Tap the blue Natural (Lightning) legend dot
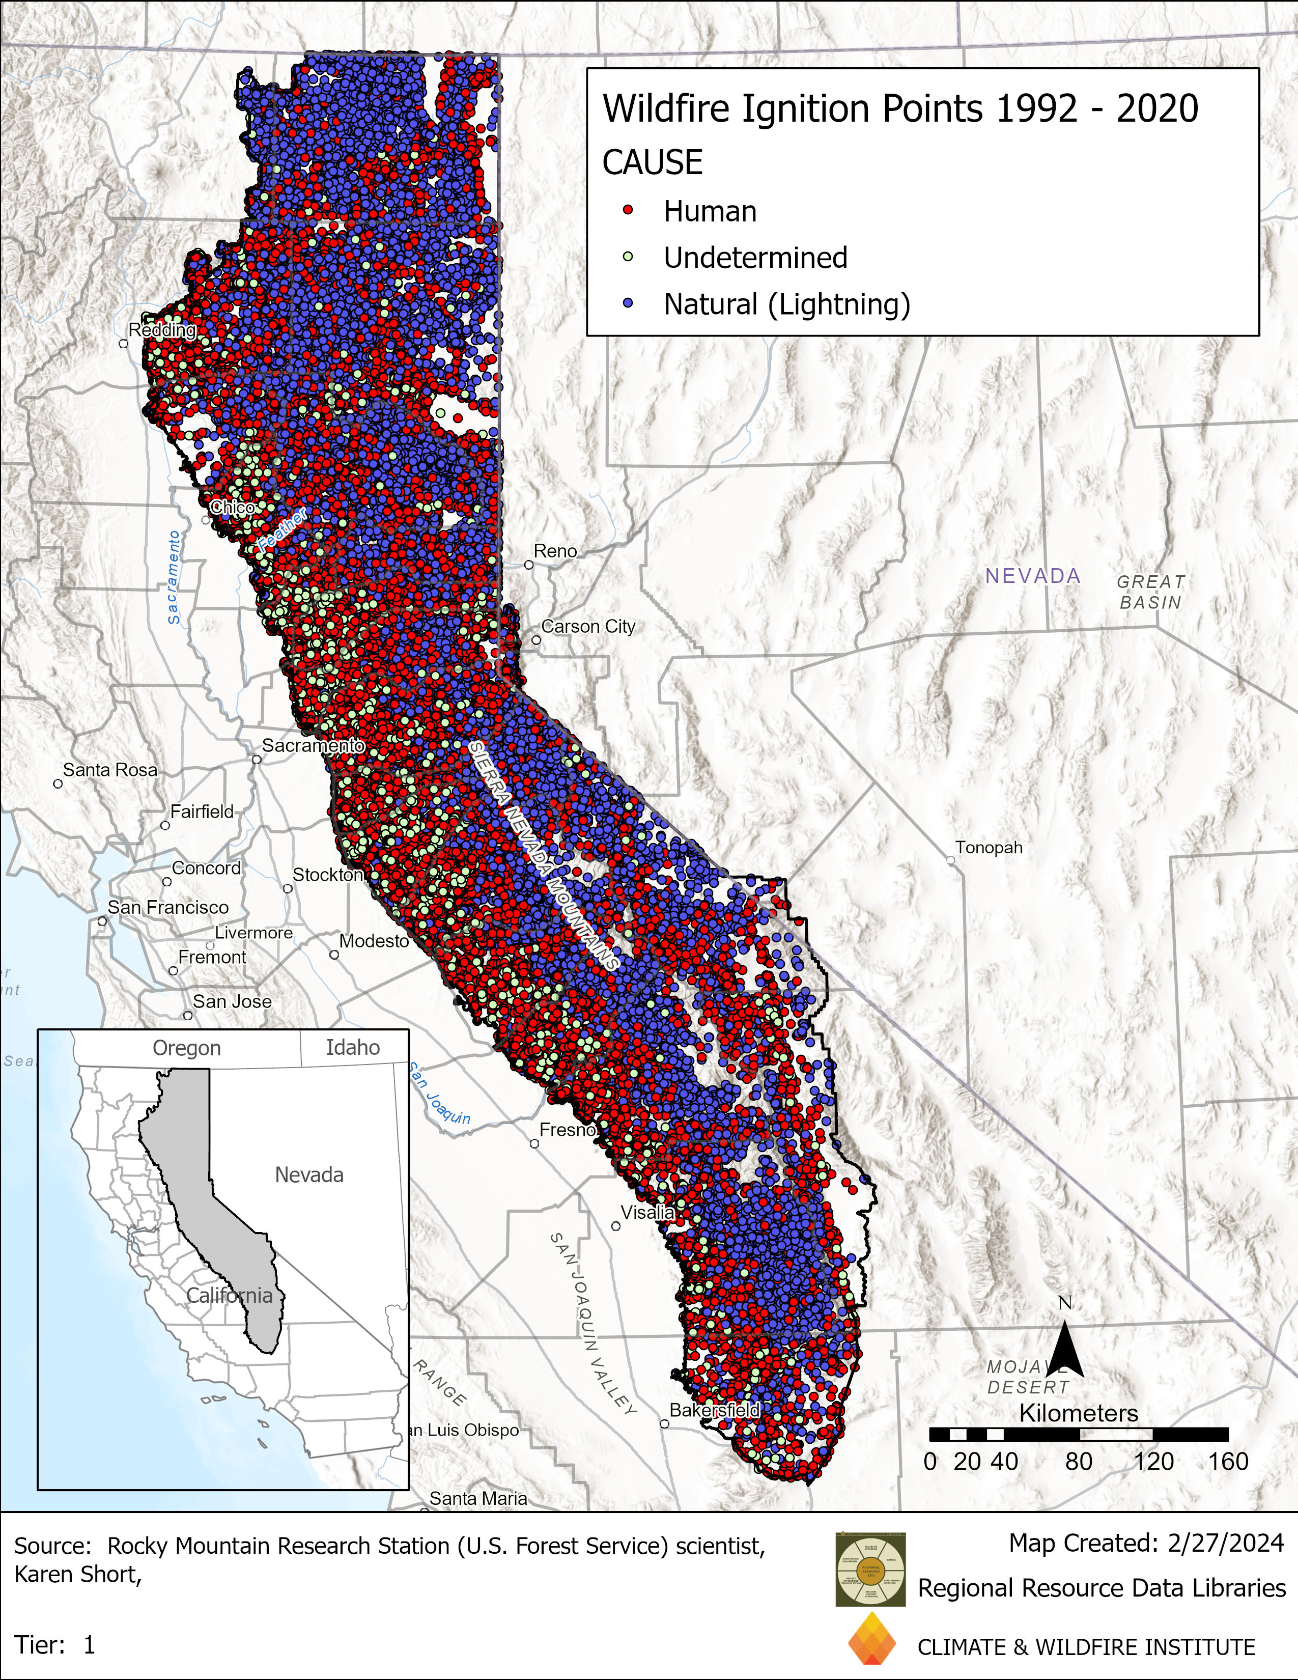point(628,304)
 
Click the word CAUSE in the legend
point(652,163)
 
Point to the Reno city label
point(555,551)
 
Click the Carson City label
point(588,626)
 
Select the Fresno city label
point(568,1130)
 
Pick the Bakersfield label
point(714,1410)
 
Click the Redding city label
point(162,330)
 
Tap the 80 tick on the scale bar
point(1078,1461)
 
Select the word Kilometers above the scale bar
point(1078,1413)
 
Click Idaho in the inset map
point(352,1048)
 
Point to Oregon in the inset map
point(186,1048)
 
